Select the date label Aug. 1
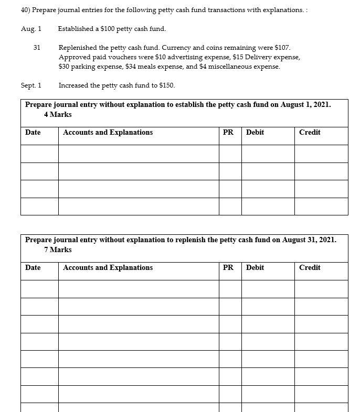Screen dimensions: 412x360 click(x=31, y=28)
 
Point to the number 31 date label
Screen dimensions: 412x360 click(x=37, y=48)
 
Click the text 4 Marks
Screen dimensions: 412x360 click(x=58, y=114)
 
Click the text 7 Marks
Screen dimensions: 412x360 click(x=58, y=250)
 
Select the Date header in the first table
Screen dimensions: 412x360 click(x=33, y=132)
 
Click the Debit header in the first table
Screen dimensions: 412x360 click(x=255, y=132)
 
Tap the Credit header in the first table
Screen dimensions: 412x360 click(x=310, y=132)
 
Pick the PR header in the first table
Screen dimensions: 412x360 click(x=228, y=132)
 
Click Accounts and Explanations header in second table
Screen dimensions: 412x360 click(x=108, y=267)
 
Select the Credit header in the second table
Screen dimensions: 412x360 click(x=310, y=267)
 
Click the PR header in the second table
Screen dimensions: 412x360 click(x=228, y=267)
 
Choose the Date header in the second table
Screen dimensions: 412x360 click(x=33, y=267)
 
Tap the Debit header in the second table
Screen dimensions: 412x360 click(x=255, y=267)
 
